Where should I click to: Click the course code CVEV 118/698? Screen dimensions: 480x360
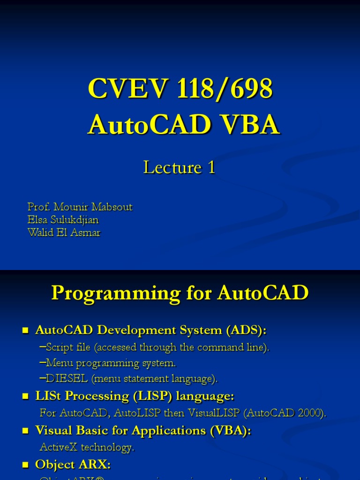(x=180, y=89)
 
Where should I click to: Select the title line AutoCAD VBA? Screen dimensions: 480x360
(x=183, y=125)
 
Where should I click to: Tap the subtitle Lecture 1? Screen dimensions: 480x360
(x=179, y=167)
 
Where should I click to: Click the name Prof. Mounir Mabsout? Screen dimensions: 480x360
(x=80, y=207)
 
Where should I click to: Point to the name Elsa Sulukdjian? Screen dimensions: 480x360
(x=63, y=220)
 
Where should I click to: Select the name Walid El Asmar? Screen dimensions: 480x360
(x=64, y=232)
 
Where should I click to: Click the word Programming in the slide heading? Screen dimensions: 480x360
(x=115, y=293)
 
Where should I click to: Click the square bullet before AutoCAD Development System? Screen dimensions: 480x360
(x=26, y=331)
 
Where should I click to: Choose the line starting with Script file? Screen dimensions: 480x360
(x=155, y=347)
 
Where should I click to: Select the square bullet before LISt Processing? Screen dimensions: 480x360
(x=26, y=397)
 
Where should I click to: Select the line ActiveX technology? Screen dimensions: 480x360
(x=87, y=447)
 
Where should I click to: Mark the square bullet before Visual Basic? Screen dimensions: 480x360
(x=26, y=431)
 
